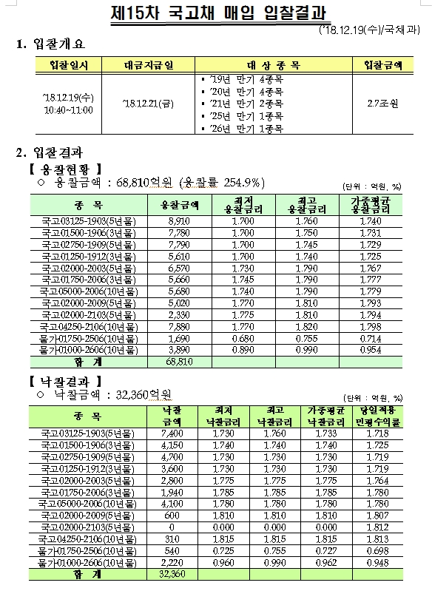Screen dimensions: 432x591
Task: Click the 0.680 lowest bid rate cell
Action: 243,338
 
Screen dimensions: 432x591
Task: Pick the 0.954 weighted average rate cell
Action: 370,349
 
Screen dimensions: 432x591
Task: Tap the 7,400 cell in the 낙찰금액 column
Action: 171,433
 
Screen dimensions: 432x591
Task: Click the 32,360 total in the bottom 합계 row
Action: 171,574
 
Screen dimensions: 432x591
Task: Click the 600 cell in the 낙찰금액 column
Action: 171,516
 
